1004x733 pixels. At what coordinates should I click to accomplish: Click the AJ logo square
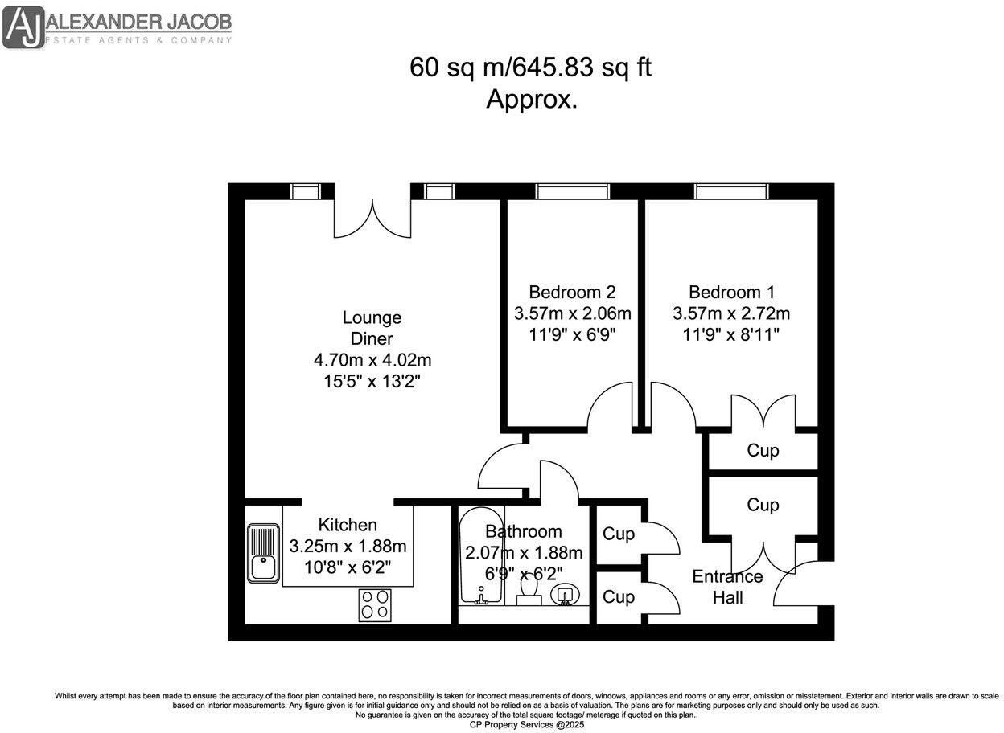point(23,27)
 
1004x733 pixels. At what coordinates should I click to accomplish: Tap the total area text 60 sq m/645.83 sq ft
point(530,68)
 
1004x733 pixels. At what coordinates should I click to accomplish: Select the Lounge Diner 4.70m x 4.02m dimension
point(372,359)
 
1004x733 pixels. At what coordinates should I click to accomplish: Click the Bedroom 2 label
point(572,292)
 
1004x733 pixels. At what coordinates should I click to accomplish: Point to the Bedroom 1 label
point(731,292)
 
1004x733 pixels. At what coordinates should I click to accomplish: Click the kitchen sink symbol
point(263,552)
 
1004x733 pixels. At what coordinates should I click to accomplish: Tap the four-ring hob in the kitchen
point(374,604)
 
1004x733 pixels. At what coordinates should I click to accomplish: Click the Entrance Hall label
point(727,587)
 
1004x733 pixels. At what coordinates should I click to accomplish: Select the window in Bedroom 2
point(572,191)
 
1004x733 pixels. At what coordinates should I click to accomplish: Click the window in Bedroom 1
point(731,191)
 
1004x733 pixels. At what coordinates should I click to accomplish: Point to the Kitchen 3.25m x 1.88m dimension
point(348,547)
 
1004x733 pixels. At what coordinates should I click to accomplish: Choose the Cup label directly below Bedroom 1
point(763,450)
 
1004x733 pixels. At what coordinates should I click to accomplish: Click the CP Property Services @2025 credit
point(527,724)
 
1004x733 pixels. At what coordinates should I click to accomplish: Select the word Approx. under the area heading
point(531,100)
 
